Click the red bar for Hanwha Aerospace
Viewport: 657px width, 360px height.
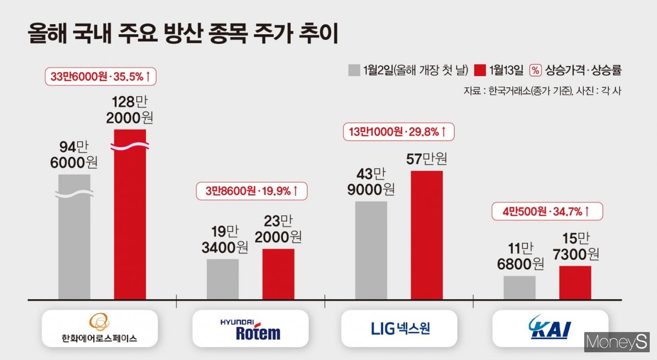(130, 219)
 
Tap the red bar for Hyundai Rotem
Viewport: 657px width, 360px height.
(278, 274)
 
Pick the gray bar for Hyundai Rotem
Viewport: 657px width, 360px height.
(223, 279)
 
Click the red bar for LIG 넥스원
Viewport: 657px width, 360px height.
(427, 235)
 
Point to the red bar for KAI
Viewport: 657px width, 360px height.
(575, 283)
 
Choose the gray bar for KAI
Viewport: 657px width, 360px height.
(520, 288)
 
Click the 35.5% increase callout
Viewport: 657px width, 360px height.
(101, 77)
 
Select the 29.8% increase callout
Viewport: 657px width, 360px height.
(399, 131)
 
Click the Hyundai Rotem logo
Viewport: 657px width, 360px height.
(250, 329)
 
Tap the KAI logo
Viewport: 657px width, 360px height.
(550, 329)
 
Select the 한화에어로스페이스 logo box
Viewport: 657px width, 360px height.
(100, 329)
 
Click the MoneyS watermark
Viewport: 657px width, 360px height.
(616, 343)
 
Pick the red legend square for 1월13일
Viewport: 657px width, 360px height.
(481, 70)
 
